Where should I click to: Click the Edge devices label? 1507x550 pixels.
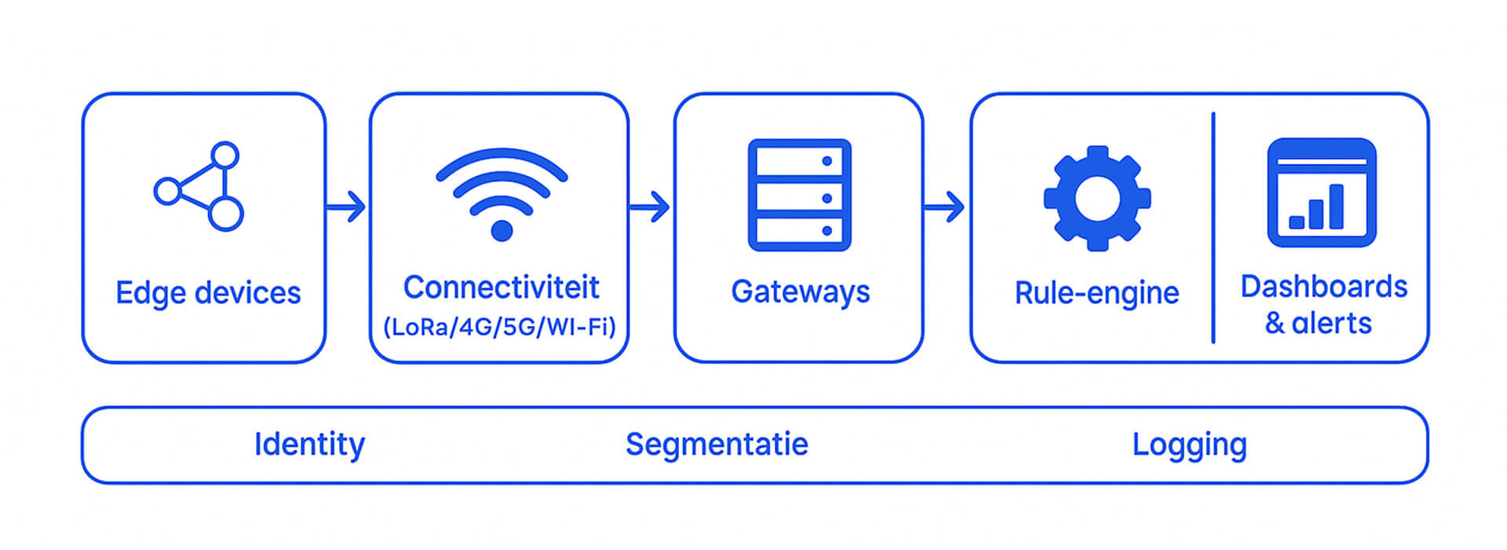pyautogui.click(x=208, y=293)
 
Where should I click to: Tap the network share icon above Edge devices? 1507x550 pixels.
pyautogui.click(x=199, y=186)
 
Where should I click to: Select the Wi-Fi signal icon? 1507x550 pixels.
pyautogui.click(x=502, y=192)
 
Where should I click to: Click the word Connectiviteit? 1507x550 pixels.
pyautogui.click(x=501, y=288)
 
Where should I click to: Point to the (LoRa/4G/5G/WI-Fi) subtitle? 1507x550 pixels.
pyautogui.click(x=499, y=326)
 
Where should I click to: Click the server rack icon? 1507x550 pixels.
pyautogui.click(x=799, y=195)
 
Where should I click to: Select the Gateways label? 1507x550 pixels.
pyautogui.click(x=800, y=291)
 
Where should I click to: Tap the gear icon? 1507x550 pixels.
pyautogui.click(x=1096, y=198)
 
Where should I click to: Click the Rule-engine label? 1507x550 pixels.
pyautogui.click(x=1096, y=293)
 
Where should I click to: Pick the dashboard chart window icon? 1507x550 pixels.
pyautogui.click(x=1322, y=192)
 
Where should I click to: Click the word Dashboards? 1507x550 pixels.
pyautogui.click(x=1323, y=287)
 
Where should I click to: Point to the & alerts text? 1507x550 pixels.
pyautogui.click(x=1318, y=323)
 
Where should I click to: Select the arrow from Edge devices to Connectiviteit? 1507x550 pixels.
pyautogui.click(x=346, y=207)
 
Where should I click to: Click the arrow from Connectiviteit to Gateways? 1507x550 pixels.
pyautogui.click(x=649, y=207)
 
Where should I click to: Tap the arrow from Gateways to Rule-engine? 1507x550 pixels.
pyautogui.click(x=944, y=207)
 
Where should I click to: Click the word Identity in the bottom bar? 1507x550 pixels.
pyautogui.click(x=309, y=445)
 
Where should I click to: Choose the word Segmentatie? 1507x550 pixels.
pyautogui.click(x=717, y=445)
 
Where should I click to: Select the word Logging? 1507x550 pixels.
pyautogui.click(x=1189, y=445)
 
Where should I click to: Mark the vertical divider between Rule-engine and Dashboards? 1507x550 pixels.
pyautogui.click(x=1213, y=228)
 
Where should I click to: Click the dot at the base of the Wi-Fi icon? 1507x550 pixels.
pyautogui.click(x=502, y=230)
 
